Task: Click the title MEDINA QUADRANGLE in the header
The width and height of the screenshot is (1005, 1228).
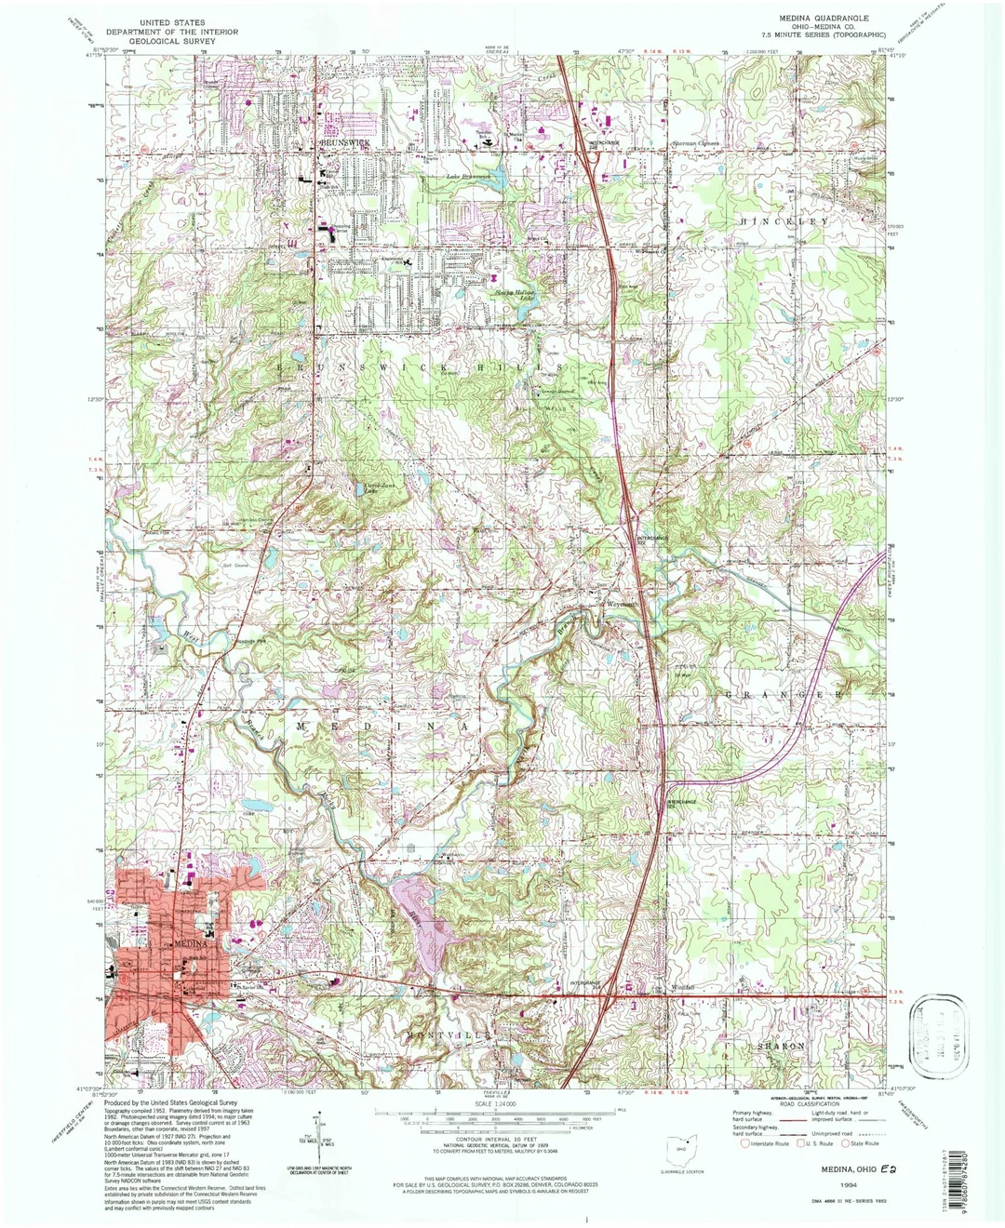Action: click(x=824, y=18)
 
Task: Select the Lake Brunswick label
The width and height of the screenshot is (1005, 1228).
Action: click(x=467, y=176)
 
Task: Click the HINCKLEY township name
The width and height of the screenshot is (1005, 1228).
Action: click(x=784, y=221)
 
